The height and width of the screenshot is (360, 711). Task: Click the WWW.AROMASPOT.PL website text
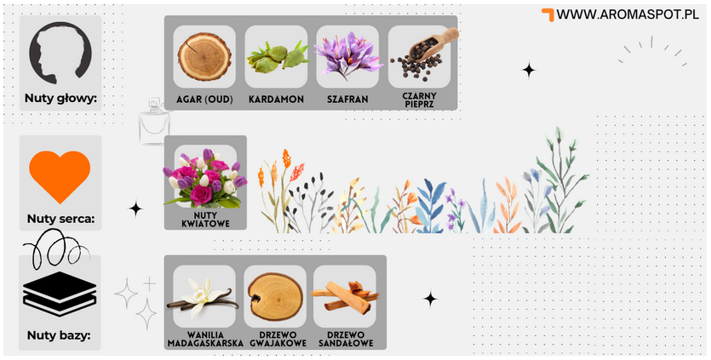[628, 14]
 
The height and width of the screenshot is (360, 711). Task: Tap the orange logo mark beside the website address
[548, 14]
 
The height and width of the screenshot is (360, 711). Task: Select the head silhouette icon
[60, 53]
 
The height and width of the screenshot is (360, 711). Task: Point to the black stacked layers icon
[60, 294]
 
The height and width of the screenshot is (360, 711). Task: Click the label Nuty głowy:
[60, 99]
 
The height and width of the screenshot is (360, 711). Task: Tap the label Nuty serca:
[60, 219]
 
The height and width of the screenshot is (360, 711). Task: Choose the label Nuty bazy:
[59, 335]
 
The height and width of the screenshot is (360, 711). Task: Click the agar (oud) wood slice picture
[204, 57]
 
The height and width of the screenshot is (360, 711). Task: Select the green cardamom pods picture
[277, 58]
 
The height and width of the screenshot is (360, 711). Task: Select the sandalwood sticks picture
[345, 295]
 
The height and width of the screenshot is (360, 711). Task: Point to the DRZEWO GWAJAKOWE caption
[278, 339]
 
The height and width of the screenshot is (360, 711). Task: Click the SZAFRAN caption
[347, 100]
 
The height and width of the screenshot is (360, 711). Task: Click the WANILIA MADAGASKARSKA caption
[205, 339]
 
